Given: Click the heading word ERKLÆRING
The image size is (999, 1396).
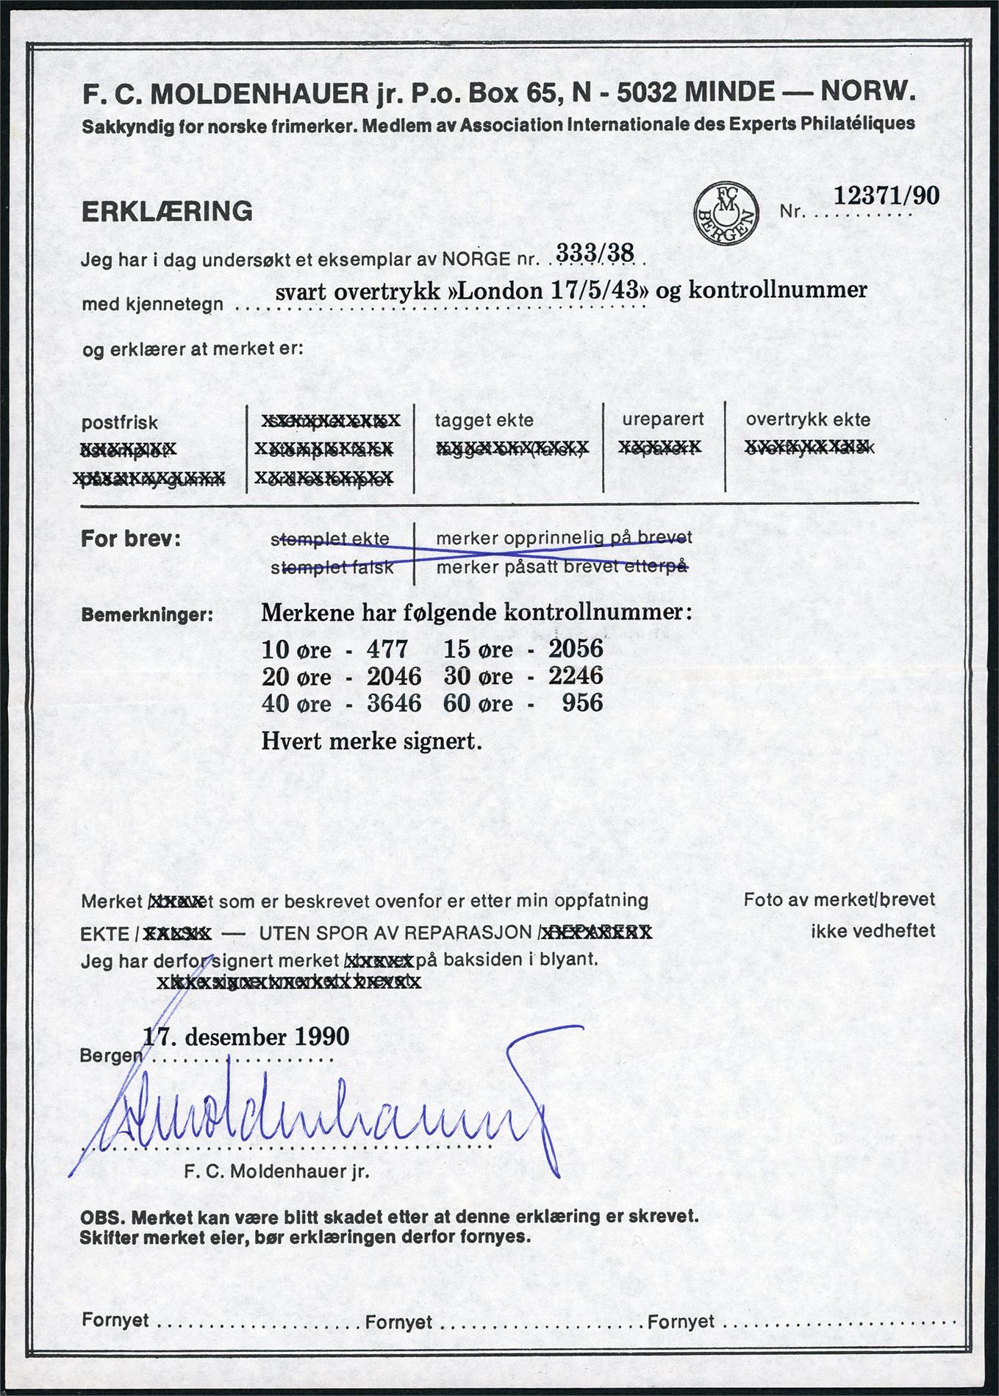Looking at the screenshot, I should pos(167,212).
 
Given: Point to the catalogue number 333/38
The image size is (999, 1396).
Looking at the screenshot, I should pos(595,253).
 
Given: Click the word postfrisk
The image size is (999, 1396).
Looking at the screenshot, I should pos(119,423).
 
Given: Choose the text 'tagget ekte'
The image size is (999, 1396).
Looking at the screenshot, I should pos(484,420).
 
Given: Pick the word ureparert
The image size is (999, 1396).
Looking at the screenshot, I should pos(663,419).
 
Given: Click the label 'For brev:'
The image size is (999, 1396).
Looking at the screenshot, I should pos(130,539).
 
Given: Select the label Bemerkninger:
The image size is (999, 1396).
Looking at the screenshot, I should pos(147,614).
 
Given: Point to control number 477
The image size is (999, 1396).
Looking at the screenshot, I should pos(387,649).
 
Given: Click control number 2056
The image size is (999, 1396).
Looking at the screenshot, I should pos(576,648).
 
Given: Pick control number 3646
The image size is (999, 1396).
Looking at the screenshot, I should pos(394,703).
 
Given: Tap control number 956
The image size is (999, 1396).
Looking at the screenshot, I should pos(582,702).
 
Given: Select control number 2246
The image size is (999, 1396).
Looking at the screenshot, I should pos(576,675).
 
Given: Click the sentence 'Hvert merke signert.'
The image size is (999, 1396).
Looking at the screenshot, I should pos(371,741).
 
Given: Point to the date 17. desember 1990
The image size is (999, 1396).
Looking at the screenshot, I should pos(246,1037).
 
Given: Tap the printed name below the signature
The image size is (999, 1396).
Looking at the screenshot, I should pos(277,1172).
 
